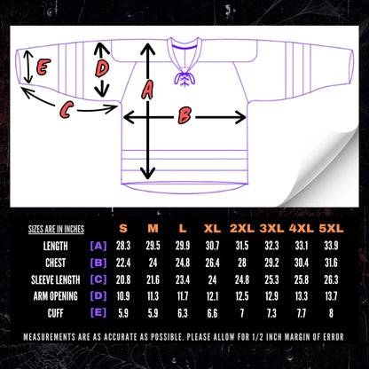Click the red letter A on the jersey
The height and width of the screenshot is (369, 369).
click(147, 90)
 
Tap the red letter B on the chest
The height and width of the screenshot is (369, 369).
click(184, 115)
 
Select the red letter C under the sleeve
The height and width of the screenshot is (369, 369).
click(66, 110)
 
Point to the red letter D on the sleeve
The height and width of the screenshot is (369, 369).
click(102, 69)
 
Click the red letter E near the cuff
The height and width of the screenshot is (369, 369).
click(43, 67)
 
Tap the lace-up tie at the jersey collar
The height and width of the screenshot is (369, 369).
click(184, 78)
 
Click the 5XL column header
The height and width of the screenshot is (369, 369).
click(331, 228)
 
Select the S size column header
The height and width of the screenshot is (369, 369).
click(123, 228)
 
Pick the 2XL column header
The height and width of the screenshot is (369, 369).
click(242, 228)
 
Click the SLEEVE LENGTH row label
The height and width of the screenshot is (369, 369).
click(56, 279)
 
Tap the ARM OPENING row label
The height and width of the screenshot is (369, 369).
click(56, 296)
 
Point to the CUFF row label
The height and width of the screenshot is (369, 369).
click(56, 313)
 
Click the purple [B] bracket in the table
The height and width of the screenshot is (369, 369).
click(98, 263)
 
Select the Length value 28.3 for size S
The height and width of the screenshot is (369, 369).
click(123, 246)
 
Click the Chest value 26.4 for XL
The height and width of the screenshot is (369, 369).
click(212, 263)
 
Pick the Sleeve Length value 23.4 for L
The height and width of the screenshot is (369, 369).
click(183, 279)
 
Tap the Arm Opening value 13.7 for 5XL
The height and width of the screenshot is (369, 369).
click(331, 296)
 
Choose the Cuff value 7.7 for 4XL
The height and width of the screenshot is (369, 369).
click(302, 313)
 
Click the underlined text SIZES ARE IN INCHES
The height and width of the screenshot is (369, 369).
click(56, 229)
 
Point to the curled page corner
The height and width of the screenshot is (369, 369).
click(328, 169)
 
